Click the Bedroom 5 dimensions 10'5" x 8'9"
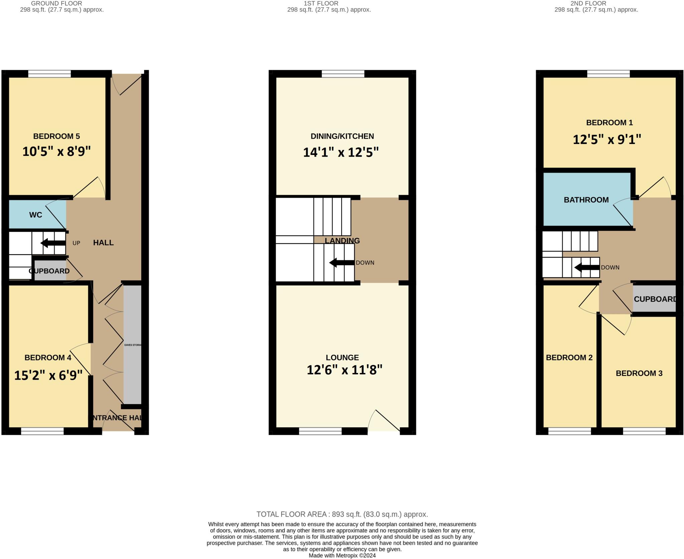(x=56, y=152)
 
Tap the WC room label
(x=36, y=215)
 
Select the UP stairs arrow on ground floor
(x=53, y=243)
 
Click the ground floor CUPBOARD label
(x=49, y=271)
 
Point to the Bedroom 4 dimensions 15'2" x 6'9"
(x=48, y=375)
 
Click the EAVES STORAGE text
(x=133, y=345)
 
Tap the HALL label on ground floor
(x=103, y=243)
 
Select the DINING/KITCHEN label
(x=342, y=136)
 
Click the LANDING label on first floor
(x=342, y=240)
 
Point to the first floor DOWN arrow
(x=342, y=263)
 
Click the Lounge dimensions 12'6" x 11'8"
(x=344, y=370)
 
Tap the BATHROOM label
(x=586, y=200)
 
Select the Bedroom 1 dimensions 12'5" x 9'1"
(x=607, y=139)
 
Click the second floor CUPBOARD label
(x=655, y=299)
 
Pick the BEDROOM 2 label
(x=569, y=358)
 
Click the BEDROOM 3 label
(x=639, y=373)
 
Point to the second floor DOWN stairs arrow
(x=586, y=267)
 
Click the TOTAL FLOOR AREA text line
(x=342, y=514)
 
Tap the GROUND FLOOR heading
(x=56, y=3)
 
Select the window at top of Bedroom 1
(x=608, y=74)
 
